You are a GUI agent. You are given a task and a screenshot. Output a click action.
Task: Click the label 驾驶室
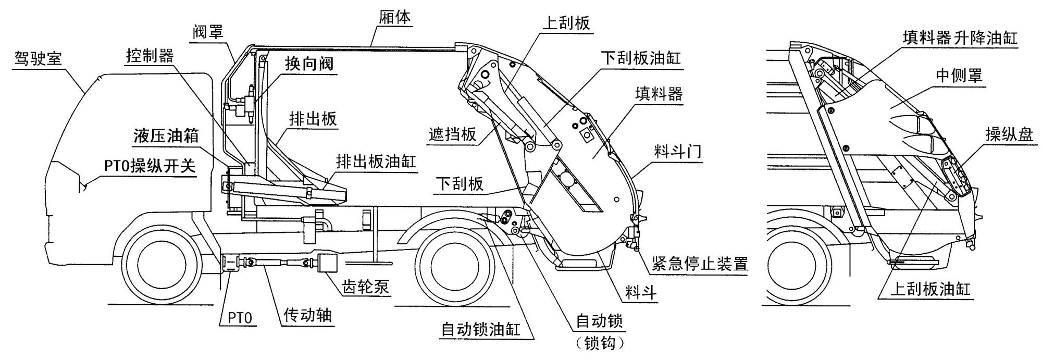coord(38,58)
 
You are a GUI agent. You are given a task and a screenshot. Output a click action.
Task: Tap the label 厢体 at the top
coord(394,17)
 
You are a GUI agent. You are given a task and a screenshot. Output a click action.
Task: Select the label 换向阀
coord(308,64)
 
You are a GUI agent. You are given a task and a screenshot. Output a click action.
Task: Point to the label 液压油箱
coord(166,136)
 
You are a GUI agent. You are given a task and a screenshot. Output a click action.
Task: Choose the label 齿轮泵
coord(366,286)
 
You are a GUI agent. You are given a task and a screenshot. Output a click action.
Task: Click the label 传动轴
coord(307,315)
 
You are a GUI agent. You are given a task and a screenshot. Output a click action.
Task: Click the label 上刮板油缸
coord(930,290)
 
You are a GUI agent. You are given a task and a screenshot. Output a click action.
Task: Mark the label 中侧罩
coord(959,76)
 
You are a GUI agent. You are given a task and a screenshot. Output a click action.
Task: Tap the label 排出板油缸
coord(376,161)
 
